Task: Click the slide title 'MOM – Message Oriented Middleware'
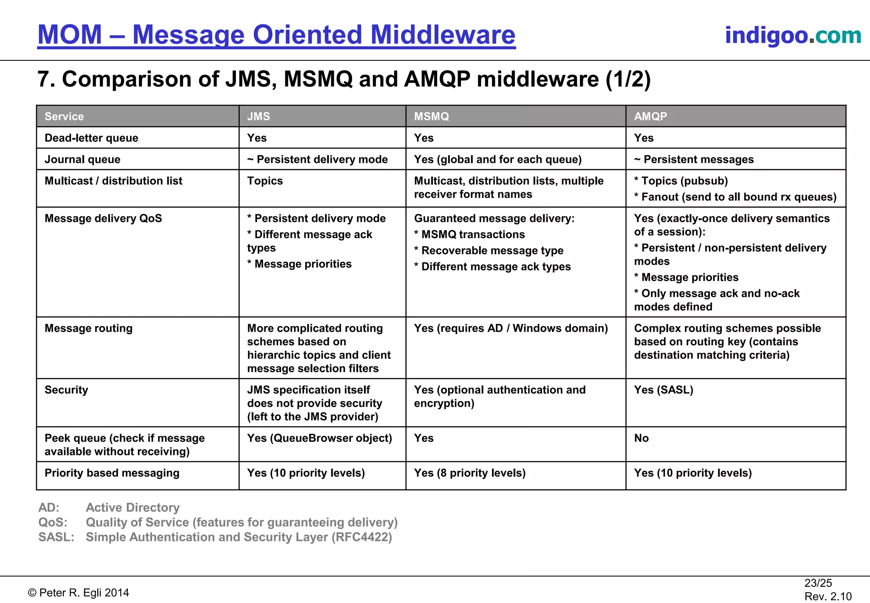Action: [x=276, y=35]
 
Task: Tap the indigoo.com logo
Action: [x=793, y=35]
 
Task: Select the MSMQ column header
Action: [x=431, y=117]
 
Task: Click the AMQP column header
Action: [x=650, y=117]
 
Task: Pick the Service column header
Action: [x=64, y=117]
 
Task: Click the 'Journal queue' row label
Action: [x=82, y=159]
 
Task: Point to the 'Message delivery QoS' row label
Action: [x=103, y=219]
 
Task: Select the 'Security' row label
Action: [x=66, y=390]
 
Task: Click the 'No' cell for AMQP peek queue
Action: [x=641, y=438]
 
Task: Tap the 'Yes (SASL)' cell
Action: [x=664, y=390]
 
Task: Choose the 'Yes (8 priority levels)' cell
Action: [x=470, y=473]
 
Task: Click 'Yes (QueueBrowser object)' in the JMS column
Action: [x=319, y=438]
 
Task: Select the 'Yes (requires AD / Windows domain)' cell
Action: [x=511, y=328]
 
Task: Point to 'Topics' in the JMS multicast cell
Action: [x=265, y=181]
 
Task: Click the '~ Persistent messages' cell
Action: [x=694, y=159]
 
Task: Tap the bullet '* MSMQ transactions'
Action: [x=469, y=234]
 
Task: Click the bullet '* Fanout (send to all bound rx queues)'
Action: [x=735, y=197]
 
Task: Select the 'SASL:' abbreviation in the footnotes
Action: [x=56, y=537]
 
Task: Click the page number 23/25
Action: [x=818, y=583]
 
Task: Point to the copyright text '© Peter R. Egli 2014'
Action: [x=79, y=593]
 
